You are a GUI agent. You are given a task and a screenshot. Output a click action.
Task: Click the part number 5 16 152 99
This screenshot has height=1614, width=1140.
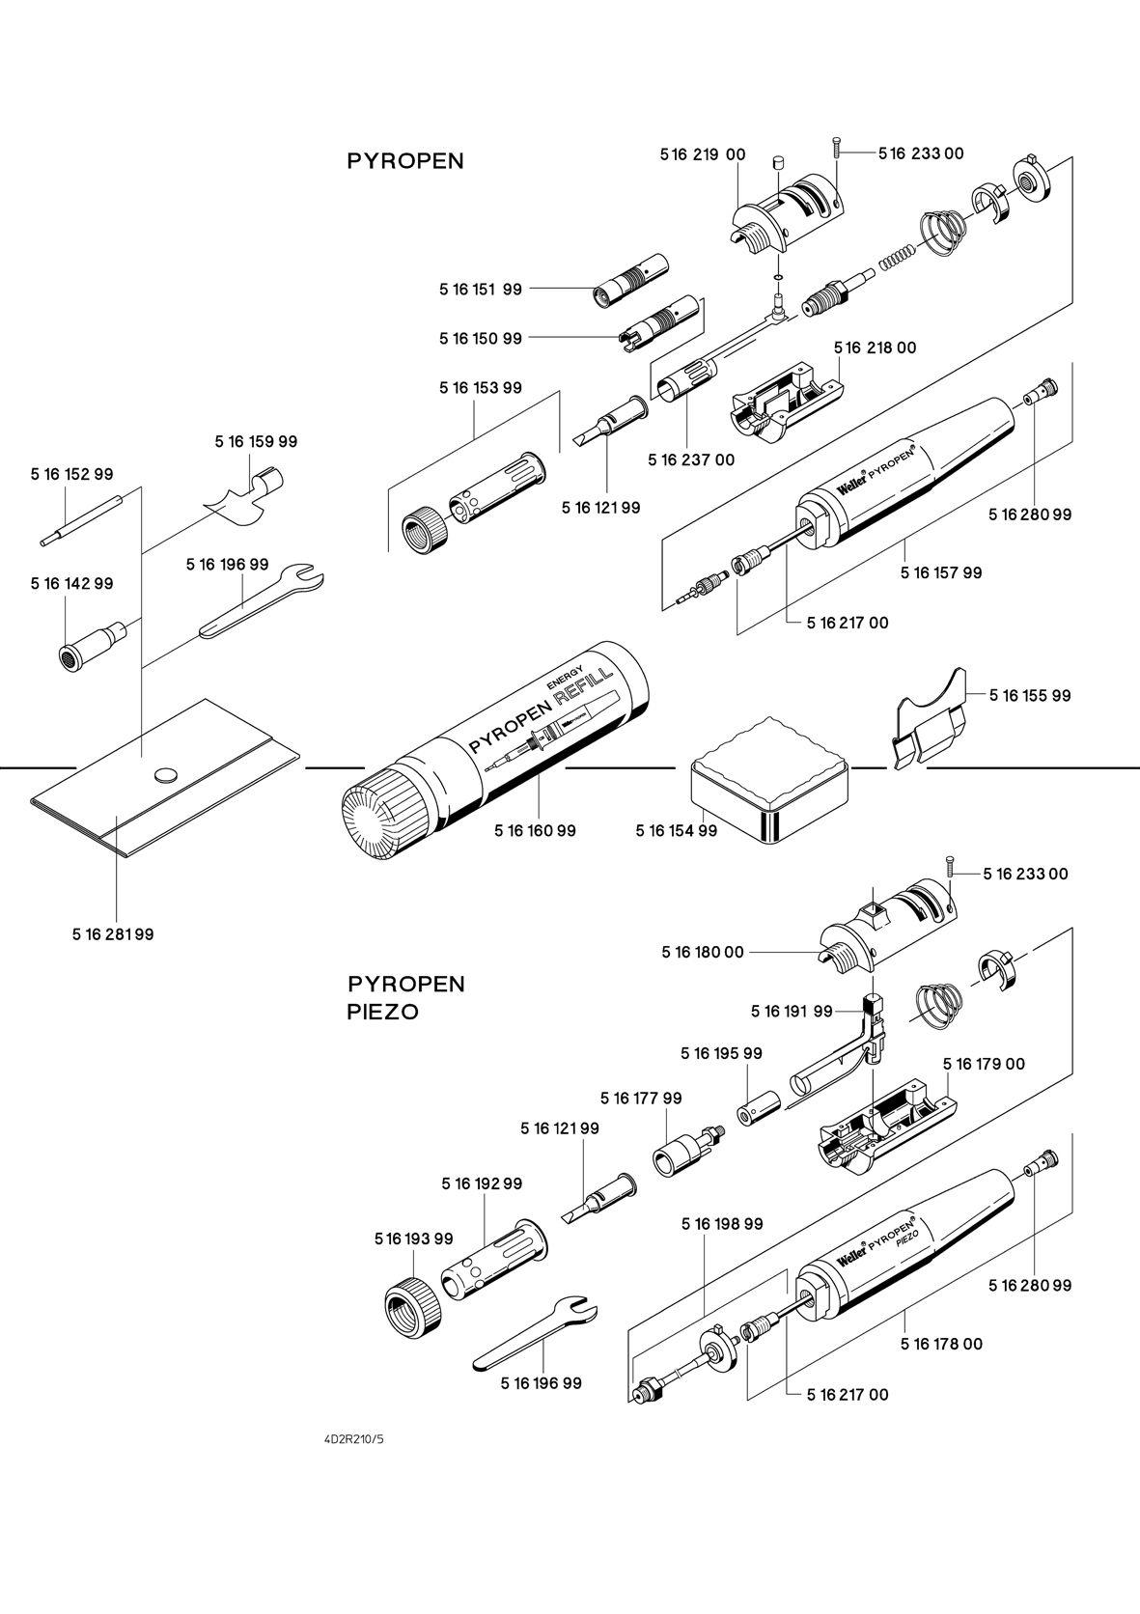(71, 474)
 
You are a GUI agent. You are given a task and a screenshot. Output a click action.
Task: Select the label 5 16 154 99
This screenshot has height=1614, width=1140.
(676, 830)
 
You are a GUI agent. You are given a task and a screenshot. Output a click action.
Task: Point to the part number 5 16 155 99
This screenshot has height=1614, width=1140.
(1030, 695)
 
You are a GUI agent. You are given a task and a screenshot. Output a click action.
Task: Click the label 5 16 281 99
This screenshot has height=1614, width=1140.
(112, 934)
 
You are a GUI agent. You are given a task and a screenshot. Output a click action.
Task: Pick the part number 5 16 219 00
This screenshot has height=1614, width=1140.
(703, 154)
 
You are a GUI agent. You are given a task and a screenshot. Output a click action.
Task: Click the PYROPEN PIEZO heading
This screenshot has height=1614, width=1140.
(405, 998)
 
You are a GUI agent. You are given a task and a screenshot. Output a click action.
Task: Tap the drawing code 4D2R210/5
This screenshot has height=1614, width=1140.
(354, 1439)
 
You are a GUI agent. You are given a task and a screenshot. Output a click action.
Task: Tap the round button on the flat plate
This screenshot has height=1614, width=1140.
(166, 773)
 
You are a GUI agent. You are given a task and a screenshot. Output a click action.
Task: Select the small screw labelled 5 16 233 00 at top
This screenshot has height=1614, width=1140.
(836, 148)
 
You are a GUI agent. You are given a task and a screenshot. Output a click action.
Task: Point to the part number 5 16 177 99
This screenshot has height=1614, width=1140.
(640, 1099)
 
